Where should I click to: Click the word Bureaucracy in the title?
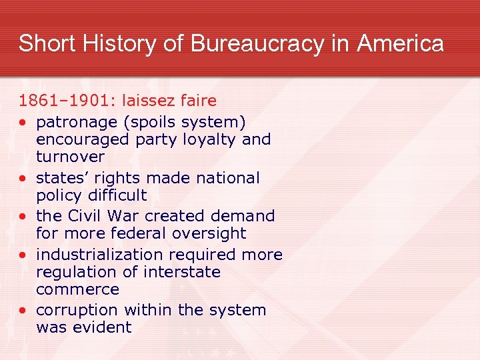point(257,44)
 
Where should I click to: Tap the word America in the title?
point(400,44)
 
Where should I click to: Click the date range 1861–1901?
point(64,101)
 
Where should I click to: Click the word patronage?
point(74,123)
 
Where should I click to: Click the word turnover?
point(70,157)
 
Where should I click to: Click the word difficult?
point(115,195)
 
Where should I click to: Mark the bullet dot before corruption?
point(23,311)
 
